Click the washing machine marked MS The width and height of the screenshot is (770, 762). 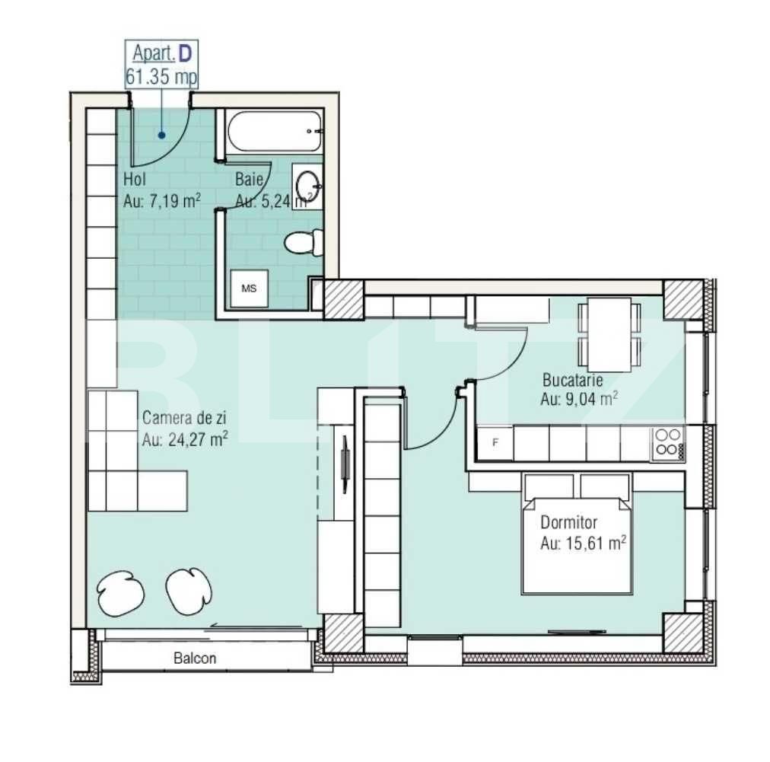coord(249,289)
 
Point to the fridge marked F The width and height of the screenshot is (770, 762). coord(495,443)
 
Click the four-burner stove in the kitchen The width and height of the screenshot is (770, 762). coord(667,442)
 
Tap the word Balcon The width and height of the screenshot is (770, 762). coord(195,658)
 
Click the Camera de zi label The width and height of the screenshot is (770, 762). coord(184,417)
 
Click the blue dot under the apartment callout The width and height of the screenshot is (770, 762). coord(161,136)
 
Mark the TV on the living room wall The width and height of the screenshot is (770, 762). coord(345,464)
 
